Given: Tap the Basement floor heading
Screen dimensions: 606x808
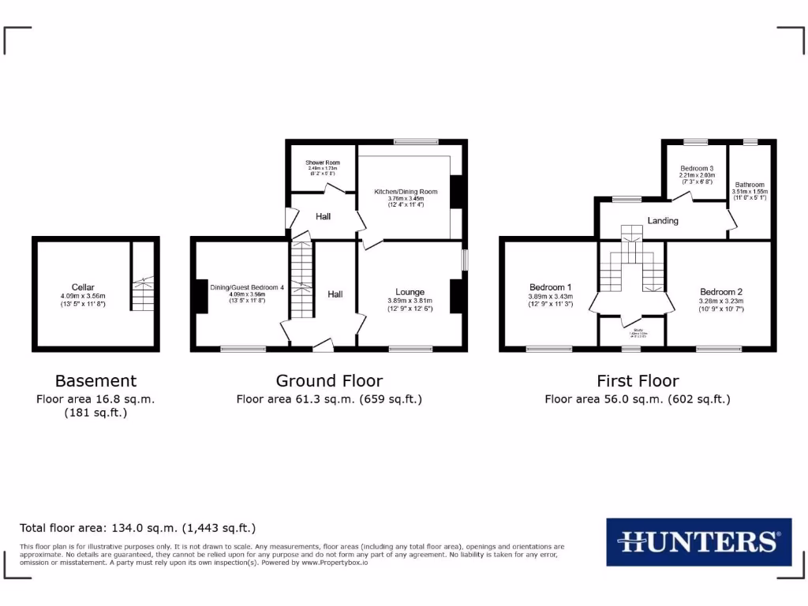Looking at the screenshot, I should coord(95,381).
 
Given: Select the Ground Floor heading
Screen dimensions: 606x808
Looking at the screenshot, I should coord(329,381).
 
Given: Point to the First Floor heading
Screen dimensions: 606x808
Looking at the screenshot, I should coord(638,381).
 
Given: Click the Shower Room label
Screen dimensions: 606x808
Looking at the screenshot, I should coord(323,163).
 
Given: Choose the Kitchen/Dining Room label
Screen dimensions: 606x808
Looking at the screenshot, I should coord(406,192).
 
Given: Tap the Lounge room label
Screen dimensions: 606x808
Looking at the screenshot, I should coord(410,292).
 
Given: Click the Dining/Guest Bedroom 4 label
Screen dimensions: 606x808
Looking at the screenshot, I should coord(246,287).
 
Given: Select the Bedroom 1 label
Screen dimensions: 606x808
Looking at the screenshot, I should coord(550,287).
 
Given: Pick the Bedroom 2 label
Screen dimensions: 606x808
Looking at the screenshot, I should coord(721,292).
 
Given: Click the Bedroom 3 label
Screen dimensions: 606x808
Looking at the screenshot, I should coord(697,169).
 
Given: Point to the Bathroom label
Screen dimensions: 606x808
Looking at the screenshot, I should coord(749,185).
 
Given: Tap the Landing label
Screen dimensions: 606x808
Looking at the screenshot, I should coord(663,221).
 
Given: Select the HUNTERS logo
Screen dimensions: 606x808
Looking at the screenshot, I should coord(698,541).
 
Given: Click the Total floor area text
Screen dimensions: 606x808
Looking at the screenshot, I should coord(137,528).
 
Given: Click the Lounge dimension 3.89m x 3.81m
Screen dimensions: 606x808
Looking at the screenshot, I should coord(410,301).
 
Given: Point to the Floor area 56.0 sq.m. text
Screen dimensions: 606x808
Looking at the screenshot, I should coord(638,399).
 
